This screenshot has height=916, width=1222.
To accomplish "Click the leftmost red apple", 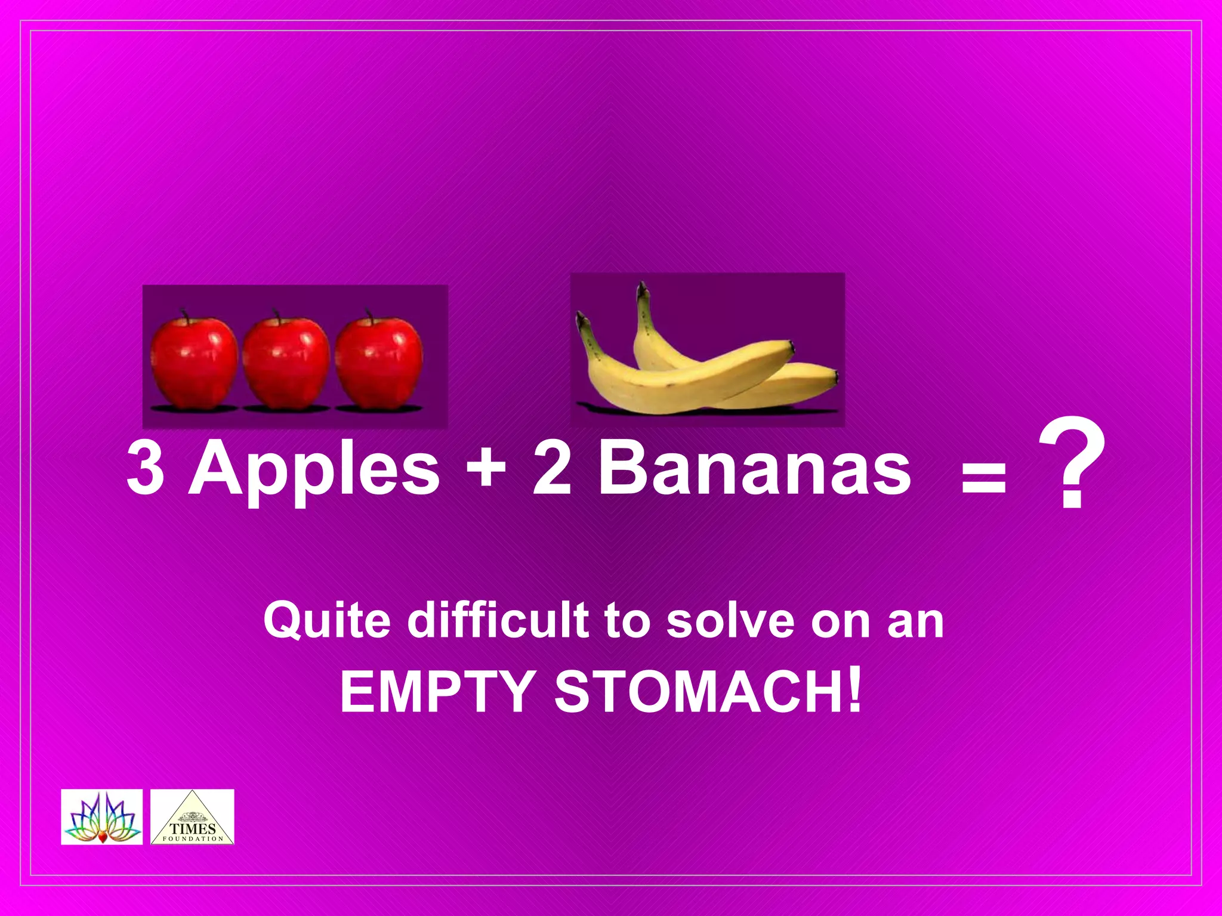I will (x=194, y=363).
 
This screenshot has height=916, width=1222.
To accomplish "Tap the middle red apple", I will (x=286, y=363).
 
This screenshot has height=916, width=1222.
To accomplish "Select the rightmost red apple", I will (x=379, y=363).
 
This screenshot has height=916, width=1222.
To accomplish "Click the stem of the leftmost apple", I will (x=184, y=314).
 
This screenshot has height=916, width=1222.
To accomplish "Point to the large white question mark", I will (x=1072, y=465).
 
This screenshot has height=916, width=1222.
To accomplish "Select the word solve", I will (x=732, y=620).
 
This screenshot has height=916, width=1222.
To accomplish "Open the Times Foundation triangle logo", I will (x=192, y=818).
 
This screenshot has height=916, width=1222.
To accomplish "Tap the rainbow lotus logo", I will (x=102, y=818).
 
